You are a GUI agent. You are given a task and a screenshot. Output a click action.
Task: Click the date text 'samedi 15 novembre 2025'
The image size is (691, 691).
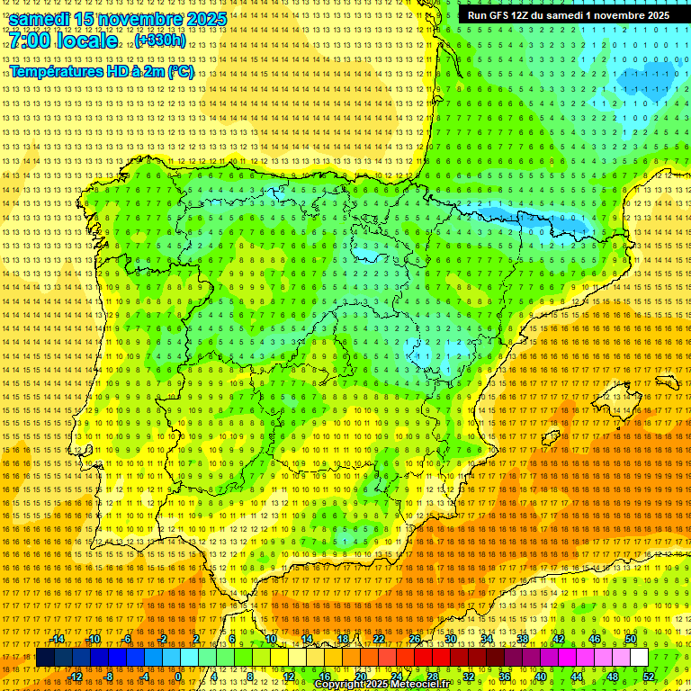pyautogui.click(x=117, y=18)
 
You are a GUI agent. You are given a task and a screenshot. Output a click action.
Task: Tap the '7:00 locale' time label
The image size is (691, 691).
pyautogui.click(x=63, y=40)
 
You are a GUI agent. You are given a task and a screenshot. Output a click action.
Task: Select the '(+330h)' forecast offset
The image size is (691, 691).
pyautogui.click(x=159, y=40)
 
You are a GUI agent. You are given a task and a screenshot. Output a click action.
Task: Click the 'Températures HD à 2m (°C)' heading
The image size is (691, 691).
pyautogui.click(x=102, y=71)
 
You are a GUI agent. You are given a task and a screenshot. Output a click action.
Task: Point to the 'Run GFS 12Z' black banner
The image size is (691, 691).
pyautogui.click(x=568, y=15)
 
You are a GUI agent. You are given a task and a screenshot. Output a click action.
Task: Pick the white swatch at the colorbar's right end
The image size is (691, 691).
pyautogui.click(x=639, y=658)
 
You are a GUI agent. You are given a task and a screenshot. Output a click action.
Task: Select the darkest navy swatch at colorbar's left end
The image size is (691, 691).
pyautogui.click(x=45, y=658)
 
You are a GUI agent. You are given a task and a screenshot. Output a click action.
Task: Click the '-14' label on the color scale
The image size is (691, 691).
pyautogui.click(x=58, y=639)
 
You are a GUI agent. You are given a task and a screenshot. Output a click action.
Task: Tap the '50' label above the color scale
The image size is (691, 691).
pyautogui.click(x=631, y=639)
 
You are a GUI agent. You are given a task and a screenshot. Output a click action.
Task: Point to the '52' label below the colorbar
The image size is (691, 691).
pyautogui.click(x=649, y=677)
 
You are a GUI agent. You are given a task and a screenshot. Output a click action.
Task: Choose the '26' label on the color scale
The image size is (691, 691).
pyautogui.click(x=415, y=639)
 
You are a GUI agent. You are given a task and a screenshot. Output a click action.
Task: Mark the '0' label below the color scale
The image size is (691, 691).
pyautogui.click(x=178, y=677)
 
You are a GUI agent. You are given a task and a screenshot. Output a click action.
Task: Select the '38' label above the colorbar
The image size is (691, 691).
pyautogui.click(x=523, y=639)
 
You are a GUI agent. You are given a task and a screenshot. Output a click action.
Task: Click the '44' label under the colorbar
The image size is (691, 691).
pyautogui.click(x=577, y=677)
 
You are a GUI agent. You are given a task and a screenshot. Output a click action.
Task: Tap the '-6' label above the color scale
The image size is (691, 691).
pyautogui.click(x=127, y=639)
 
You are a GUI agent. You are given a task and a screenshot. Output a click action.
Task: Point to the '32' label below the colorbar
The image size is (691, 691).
pyautogui.click(x=469, y=677)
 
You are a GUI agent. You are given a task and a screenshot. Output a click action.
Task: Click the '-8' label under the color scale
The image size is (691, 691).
pyautogui.click(x=110, y=677)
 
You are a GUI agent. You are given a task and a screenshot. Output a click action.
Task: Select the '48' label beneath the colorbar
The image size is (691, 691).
pyautogui.click(x=613, y=677)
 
